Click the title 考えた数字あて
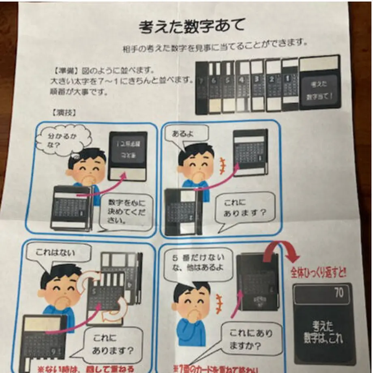192,27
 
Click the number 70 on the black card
339,292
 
